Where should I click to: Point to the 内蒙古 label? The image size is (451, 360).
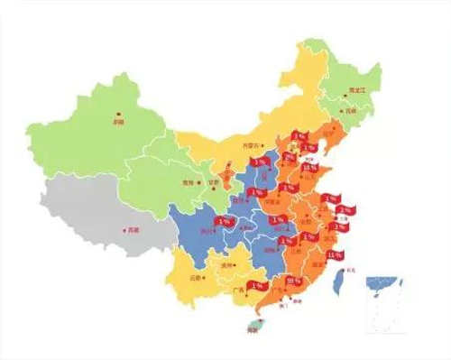[256, 146]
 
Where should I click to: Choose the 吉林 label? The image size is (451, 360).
[350, 111]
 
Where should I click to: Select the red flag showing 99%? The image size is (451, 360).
[292, 282]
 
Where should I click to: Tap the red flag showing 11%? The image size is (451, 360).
[337, 256]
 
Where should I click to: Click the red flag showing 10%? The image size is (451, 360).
[309, 167]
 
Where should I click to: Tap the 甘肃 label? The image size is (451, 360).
[214, 180]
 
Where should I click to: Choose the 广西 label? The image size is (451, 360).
[240, 291]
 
